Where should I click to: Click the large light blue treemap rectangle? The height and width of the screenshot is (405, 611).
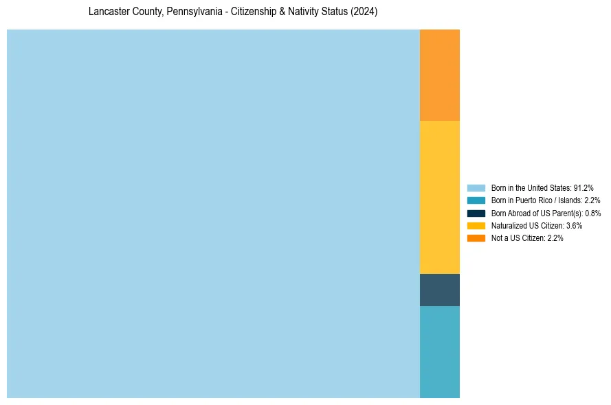213,213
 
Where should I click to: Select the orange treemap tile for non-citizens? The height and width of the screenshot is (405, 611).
440,75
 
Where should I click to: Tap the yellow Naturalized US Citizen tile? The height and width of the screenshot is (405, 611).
440,197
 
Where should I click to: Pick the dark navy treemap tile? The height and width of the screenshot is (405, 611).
440,290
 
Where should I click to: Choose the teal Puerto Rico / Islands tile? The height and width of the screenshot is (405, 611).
440,351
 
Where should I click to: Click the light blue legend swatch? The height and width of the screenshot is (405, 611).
476,187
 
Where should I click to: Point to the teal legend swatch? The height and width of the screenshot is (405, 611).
476,200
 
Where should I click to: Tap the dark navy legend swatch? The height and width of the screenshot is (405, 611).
476,213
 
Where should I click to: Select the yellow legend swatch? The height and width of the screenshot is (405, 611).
476,225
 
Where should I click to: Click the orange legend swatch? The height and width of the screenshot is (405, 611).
476,238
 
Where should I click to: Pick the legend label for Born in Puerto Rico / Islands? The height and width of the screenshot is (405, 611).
546,200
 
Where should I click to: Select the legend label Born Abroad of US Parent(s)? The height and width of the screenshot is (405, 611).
546,213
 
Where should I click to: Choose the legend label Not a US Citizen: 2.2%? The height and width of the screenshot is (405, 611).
527,238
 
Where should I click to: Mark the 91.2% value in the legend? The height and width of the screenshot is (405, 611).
584,187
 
